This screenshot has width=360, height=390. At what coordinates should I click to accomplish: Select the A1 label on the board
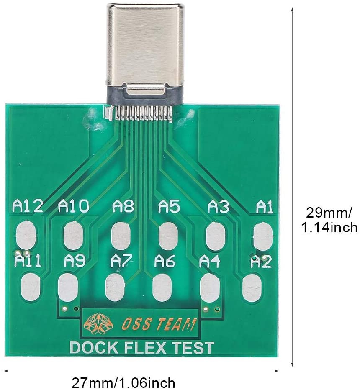click(265, 207)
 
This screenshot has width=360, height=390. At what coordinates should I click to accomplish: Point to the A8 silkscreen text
click(123, 206)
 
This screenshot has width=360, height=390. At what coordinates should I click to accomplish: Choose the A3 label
click(218, 206)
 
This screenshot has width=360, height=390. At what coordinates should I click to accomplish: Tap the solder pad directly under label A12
click(26, 235)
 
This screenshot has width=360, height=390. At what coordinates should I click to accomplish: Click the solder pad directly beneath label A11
click(31, 287)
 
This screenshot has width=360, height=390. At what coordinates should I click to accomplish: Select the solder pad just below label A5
click(169, 236)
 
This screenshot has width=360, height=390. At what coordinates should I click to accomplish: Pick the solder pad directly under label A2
click(252, 288)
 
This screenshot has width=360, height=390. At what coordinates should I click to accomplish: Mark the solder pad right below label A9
click(68, 287)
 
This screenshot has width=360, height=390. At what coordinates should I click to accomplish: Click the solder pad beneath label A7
click(115, 287)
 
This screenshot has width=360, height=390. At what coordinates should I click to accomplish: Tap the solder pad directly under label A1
click(263, 236)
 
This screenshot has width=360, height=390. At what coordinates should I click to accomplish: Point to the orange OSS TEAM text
click(158, 324)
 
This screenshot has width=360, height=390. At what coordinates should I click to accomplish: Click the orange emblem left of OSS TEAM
click(98, 324)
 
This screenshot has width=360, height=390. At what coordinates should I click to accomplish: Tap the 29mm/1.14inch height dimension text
click(329, 220)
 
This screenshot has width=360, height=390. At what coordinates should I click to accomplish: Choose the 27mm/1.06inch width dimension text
click(123, 382)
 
